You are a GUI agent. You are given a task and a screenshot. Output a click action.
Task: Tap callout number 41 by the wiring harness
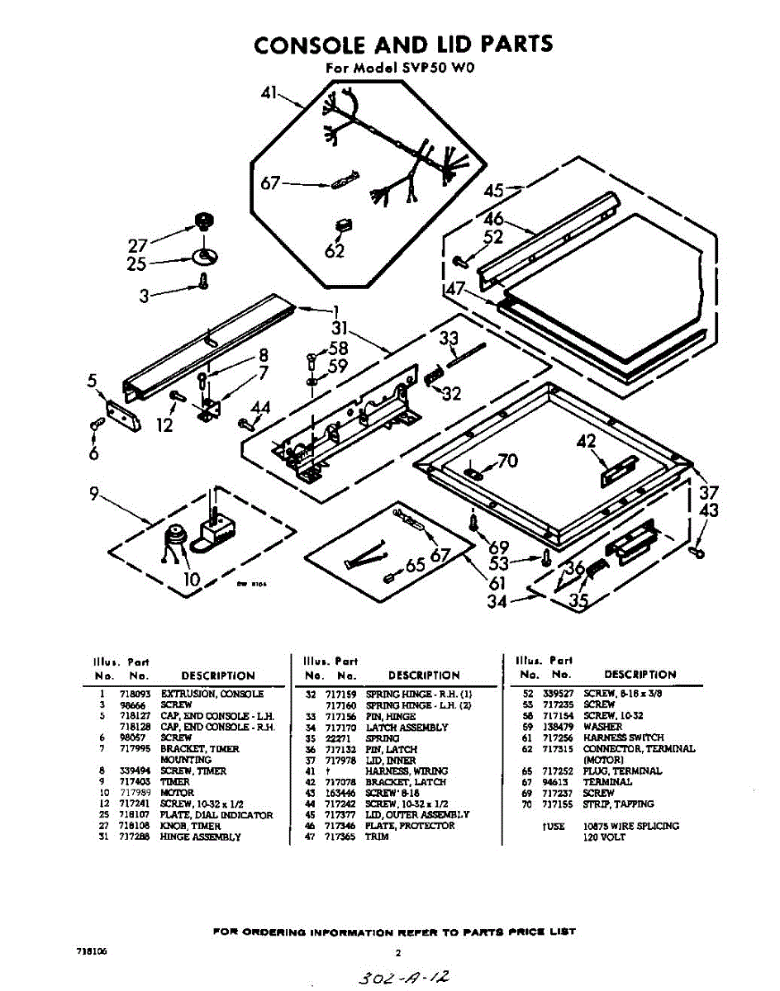tap(269, 94)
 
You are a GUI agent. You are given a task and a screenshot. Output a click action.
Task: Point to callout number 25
tap(136, 264)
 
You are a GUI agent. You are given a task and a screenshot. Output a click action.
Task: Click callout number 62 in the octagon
tap(334, 250)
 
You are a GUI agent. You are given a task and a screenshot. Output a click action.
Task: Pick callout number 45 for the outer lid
tap(494, 191)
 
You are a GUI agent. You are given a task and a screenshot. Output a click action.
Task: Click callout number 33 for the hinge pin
tap(449, 338)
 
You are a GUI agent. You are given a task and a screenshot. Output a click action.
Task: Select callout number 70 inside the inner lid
tap(507, 461)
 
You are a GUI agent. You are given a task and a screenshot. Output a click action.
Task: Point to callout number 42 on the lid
tap(587, 443)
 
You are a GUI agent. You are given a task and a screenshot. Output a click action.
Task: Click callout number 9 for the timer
tap(96, 495)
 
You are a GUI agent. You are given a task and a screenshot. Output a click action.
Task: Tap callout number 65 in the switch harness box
tap(415, 566)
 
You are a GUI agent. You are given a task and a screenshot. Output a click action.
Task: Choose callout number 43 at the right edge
tap(709, 511)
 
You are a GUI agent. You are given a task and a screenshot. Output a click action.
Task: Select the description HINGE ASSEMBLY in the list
tap(201, 837)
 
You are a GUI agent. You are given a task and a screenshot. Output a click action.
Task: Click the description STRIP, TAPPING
tap(618, 804)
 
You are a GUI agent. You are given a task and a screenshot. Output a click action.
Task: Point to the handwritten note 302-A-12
tap(404, 976)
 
